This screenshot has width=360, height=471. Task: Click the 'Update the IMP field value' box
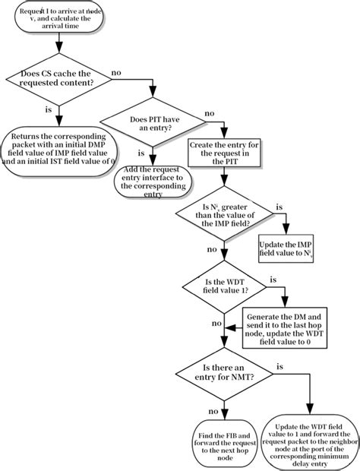click(286, 250)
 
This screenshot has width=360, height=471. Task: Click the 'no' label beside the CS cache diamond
click(116, 72)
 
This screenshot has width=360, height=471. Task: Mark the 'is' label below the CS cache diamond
click(49, 109)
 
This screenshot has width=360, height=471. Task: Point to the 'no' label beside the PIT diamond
click(209, 114)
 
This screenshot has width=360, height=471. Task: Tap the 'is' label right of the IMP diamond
click(279, 206)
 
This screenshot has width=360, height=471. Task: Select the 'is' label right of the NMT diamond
click(279, 367)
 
